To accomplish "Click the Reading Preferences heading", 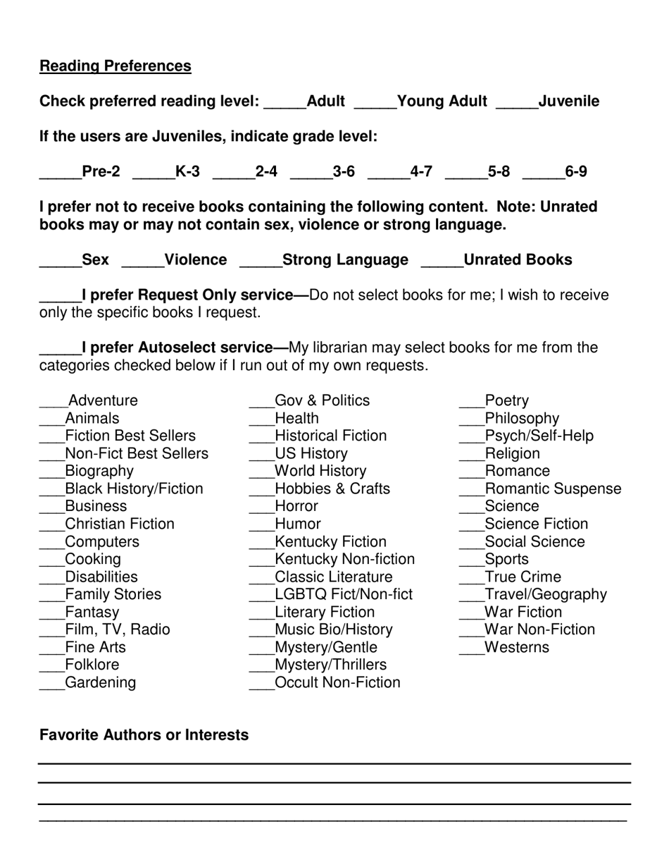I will tap(115, 66).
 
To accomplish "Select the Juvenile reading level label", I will tap(568, 102).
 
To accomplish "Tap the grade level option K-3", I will tap(187, 171).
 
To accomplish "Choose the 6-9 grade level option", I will tap(576, 171).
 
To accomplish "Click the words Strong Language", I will tap(345, 260).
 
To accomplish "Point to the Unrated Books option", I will tap(518, 260).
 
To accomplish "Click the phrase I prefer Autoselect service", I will tap(178, 348).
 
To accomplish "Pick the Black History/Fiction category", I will tap(134, 489).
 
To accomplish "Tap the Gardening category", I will tap(100, 683).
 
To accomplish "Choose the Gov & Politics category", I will tap(322, 401).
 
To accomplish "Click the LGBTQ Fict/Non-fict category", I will tap(344, 595).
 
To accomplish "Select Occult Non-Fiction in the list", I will tap(337, 683).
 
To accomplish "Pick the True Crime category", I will tap(523, 577).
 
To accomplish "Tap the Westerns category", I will tap(516, 648).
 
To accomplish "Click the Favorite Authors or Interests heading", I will tap(144, 735).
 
